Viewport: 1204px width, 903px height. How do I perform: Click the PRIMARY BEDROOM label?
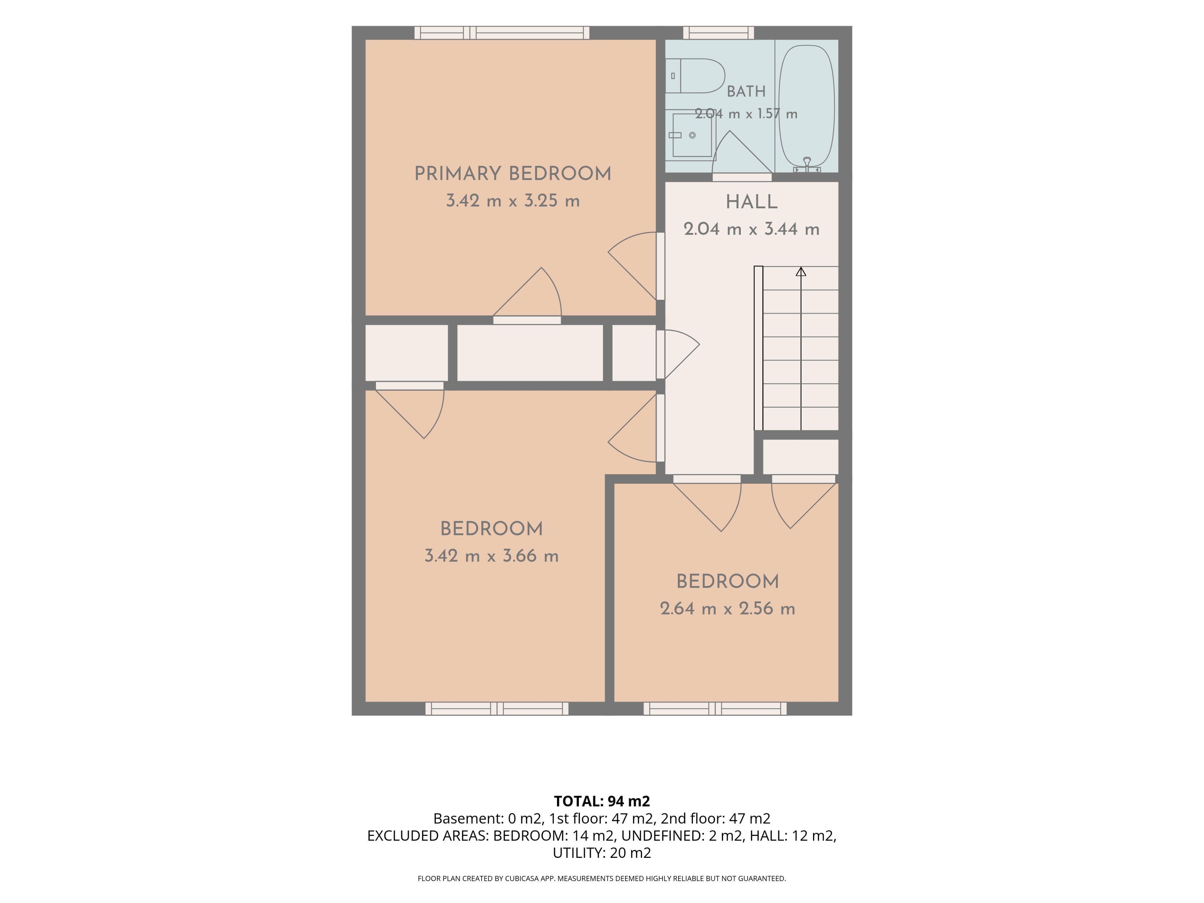513,174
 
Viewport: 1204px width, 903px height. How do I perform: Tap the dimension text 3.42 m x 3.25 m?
513,201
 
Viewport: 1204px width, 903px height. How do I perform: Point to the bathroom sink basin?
692,135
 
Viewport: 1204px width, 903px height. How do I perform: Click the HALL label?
752,202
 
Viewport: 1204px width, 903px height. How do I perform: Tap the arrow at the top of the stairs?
801,272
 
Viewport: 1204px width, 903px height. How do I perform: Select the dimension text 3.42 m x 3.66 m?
492,556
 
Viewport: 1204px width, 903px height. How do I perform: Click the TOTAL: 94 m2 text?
602,801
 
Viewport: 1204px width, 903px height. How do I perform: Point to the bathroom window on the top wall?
719,33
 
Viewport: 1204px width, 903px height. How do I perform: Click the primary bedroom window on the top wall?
502,33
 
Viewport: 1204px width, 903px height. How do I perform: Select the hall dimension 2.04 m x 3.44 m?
752,229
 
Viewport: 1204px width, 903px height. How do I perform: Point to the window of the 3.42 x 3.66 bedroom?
497,709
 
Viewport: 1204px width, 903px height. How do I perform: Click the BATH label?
746,92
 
